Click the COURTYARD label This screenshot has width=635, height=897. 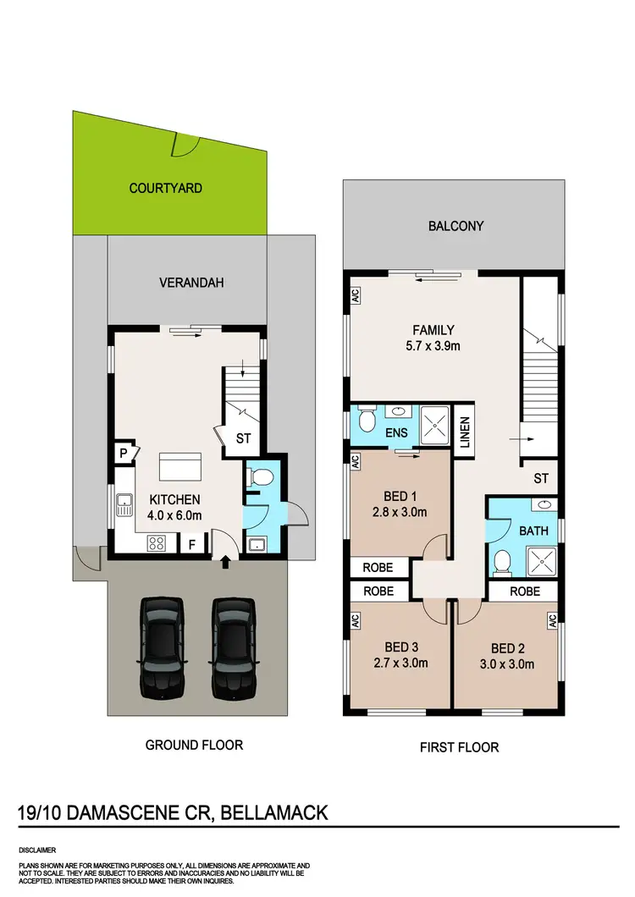[165, 188]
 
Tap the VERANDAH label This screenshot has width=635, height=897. [191, 283]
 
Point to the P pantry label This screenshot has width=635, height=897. [123, 454]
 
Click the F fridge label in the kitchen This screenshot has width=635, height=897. [191, 543]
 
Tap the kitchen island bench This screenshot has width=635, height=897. [181, 467]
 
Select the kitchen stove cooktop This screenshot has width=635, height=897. [157, 542]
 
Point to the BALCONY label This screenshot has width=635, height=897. [456, 226]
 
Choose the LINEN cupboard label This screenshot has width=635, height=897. [464, 434]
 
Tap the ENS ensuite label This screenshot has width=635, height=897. [396, 433]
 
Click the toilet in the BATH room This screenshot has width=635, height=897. [502, 560]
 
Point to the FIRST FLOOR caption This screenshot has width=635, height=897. [459, 747]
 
